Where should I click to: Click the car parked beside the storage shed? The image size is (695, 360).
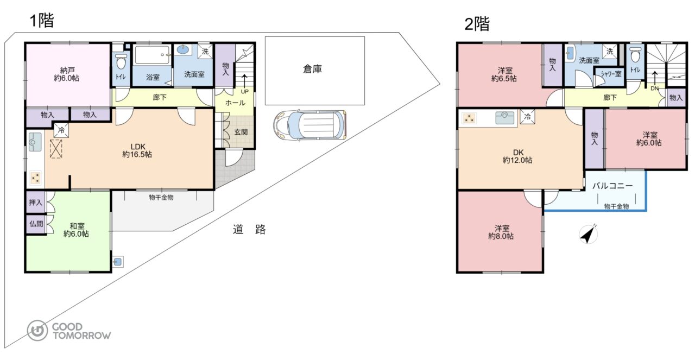coord(310,125)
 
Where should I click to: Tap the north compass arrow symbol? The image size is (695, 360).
coord(589,235)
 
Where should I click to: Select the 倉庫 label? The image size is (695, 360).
coord(312,69)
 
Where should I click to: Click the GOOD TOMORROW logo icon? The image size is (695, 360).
coord(37,331)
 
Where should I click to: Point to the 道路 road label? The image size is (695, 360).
coord(249,229)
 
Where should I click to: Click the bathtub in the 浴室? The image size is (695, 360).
coord(153,55)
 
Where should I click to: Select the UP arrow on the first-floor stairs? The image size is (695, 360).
coord(244,81)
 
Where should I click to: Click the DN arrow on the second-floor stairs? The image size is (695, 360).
coord(654,79)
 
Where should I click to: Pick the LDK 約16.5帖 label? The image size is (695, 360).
coord(137,150)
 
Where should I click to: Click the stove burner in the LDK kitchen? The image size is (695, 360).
coord(36,178)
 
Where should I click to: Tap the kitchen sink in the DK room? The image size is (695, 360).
coord(505,118)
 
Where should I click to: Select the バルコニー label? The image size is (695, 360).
coord(612,186)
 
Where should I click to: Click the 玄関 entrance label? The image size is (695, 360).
coord(241,132)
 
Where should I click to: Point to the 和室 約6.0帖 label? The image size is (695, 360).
coord(77,230)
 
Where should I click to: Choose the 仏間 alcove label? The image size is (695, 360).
coord(36,224)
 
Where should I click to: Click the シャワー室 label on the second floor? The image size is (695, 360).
coord(611,74)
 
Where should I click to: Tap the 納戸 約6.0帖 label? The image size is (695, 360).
coord(66,74)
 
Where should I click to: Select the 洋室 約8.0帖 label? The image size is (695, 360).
coord(501,232)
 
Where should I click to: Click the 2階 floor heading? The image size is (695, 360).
coord(477,23)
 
